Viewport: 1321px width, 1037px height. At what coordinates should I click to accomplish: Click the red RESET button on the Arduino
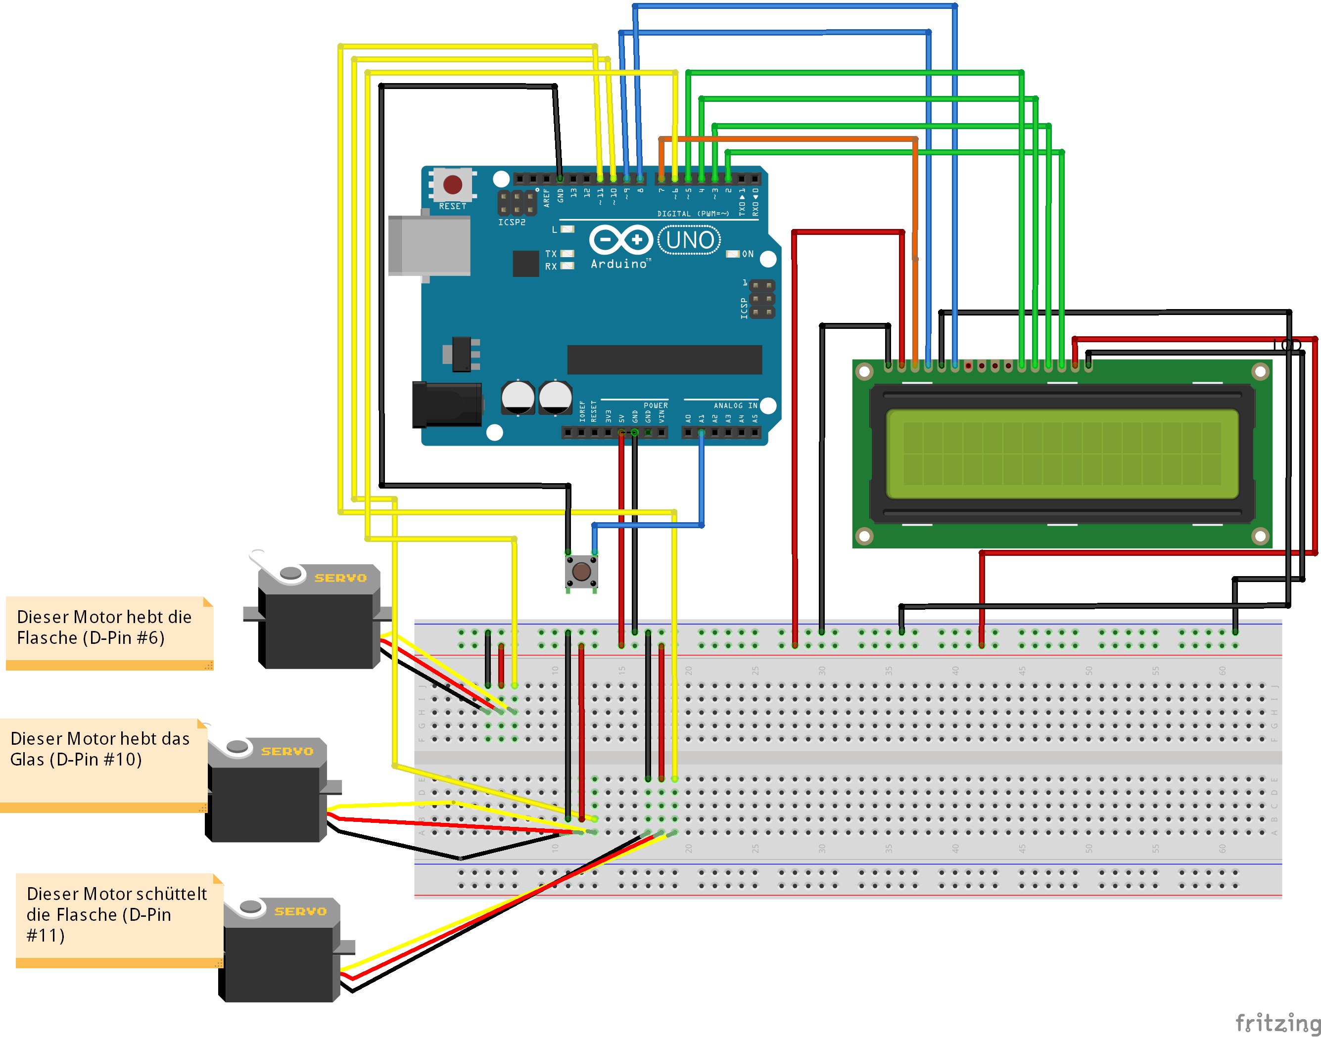tap(453, 184)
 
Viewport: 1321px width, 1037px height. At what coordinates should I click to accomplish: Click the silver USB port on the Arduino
tap(429, 245)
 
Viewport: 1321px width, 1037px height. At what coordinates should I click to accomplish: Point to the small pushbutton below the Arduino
tap(581, 571)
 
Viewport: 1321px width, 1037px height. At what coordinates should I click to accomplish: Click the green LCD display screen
tap(1062, 453)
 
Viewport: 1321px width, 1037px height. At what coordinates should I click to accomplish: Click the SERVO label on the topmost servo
tap(340, 578)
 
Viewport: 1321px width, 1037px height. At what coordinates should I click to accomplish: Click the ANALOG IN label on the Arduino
tap(735, 406)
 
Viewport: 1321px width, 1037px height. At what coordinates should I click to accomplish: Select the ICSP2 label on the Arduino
tap(512, 222)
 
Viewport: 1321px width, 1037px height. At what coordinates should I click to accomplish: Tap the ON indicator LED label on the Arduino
tap(748, 254)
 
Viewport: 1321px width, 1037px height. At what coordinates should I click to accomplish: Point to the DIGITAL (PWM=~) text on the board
tap(692, 214)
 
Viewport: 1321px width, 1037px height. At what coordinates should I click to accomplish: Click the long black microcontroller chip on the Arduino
tap(664, 360)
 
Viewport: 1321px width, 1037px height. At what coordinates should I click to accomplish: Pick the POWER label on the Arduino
tap(656, 406)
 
